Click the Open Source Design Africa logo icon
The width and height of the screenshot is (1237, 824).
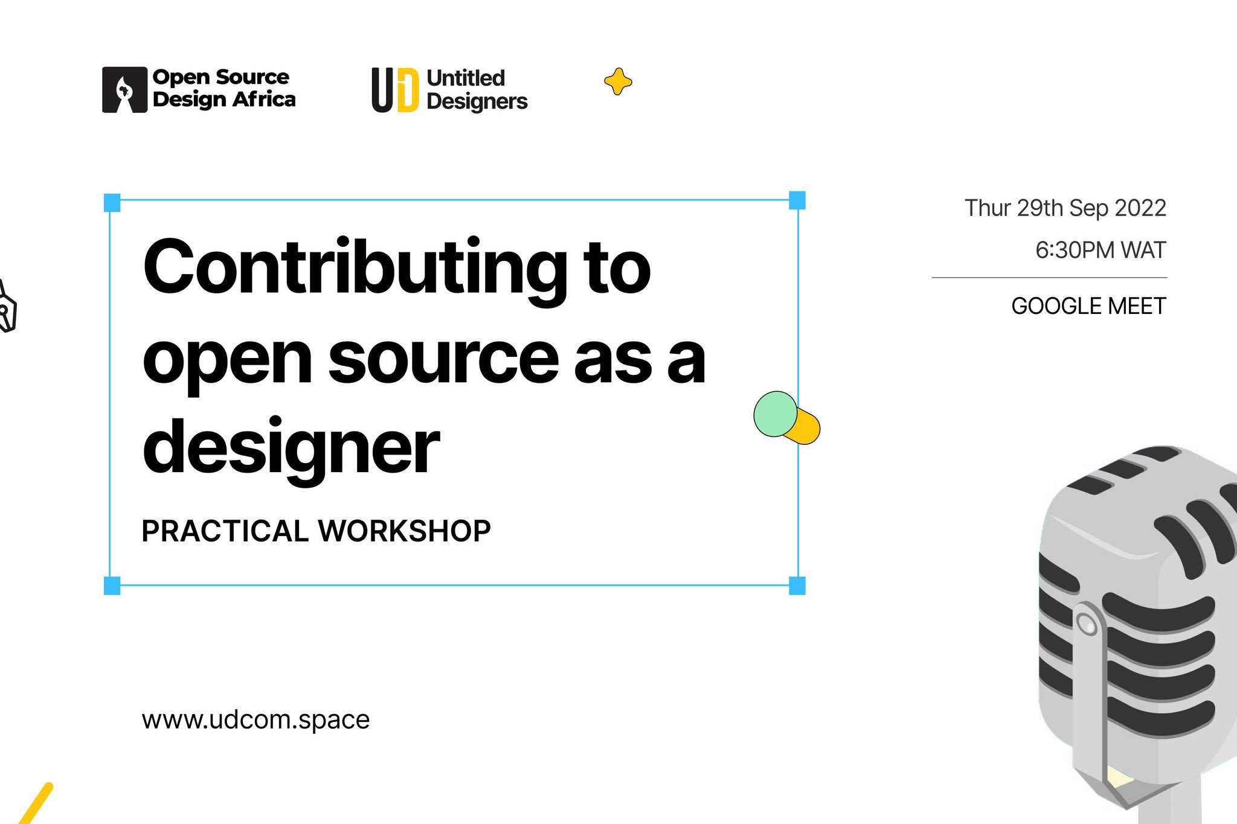[x=124, y=90]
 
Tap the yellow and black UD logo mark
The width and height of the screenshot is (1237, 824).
[x=394, y=90]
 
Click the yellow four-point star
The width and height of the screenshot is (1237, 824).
[x=618, y=81]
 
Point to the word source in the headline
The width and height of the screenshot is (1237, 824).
[x=443, y=360]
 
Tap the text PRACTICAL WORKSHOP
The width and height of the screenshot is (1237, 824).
[x=316, y=531]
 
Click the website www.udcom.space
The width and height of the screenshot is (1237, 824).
[x=255, y=720]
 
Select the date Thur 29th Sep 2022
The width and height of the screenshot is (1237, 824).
[x=1065, y=208]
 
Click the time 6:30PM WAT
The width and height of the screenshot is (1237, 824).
[x=1100, y=250]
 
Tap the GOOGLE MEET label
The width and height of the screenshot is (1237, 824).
[x=1088, y=306]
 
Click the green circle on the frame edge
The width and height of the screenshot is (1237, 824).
[x=776, y=414]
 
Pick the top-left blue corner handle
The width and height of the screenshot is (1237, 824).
[x=112, y=203]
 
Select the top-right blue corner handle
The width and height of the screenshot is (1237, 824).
[x=797, y=200]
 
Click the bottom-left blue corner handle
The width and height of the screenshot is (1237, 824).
[x=112, y=586]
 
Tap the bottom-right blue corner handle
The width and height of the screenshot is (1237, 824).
[x=797, y=586]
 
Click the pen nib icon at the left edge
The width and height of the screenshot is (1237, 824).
[x=7, y=308]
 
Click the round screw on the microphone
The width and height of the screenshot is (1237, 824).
[x=1087, y=624]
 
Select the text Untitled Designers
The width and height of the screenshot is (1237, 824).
[x=477, y=90]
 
